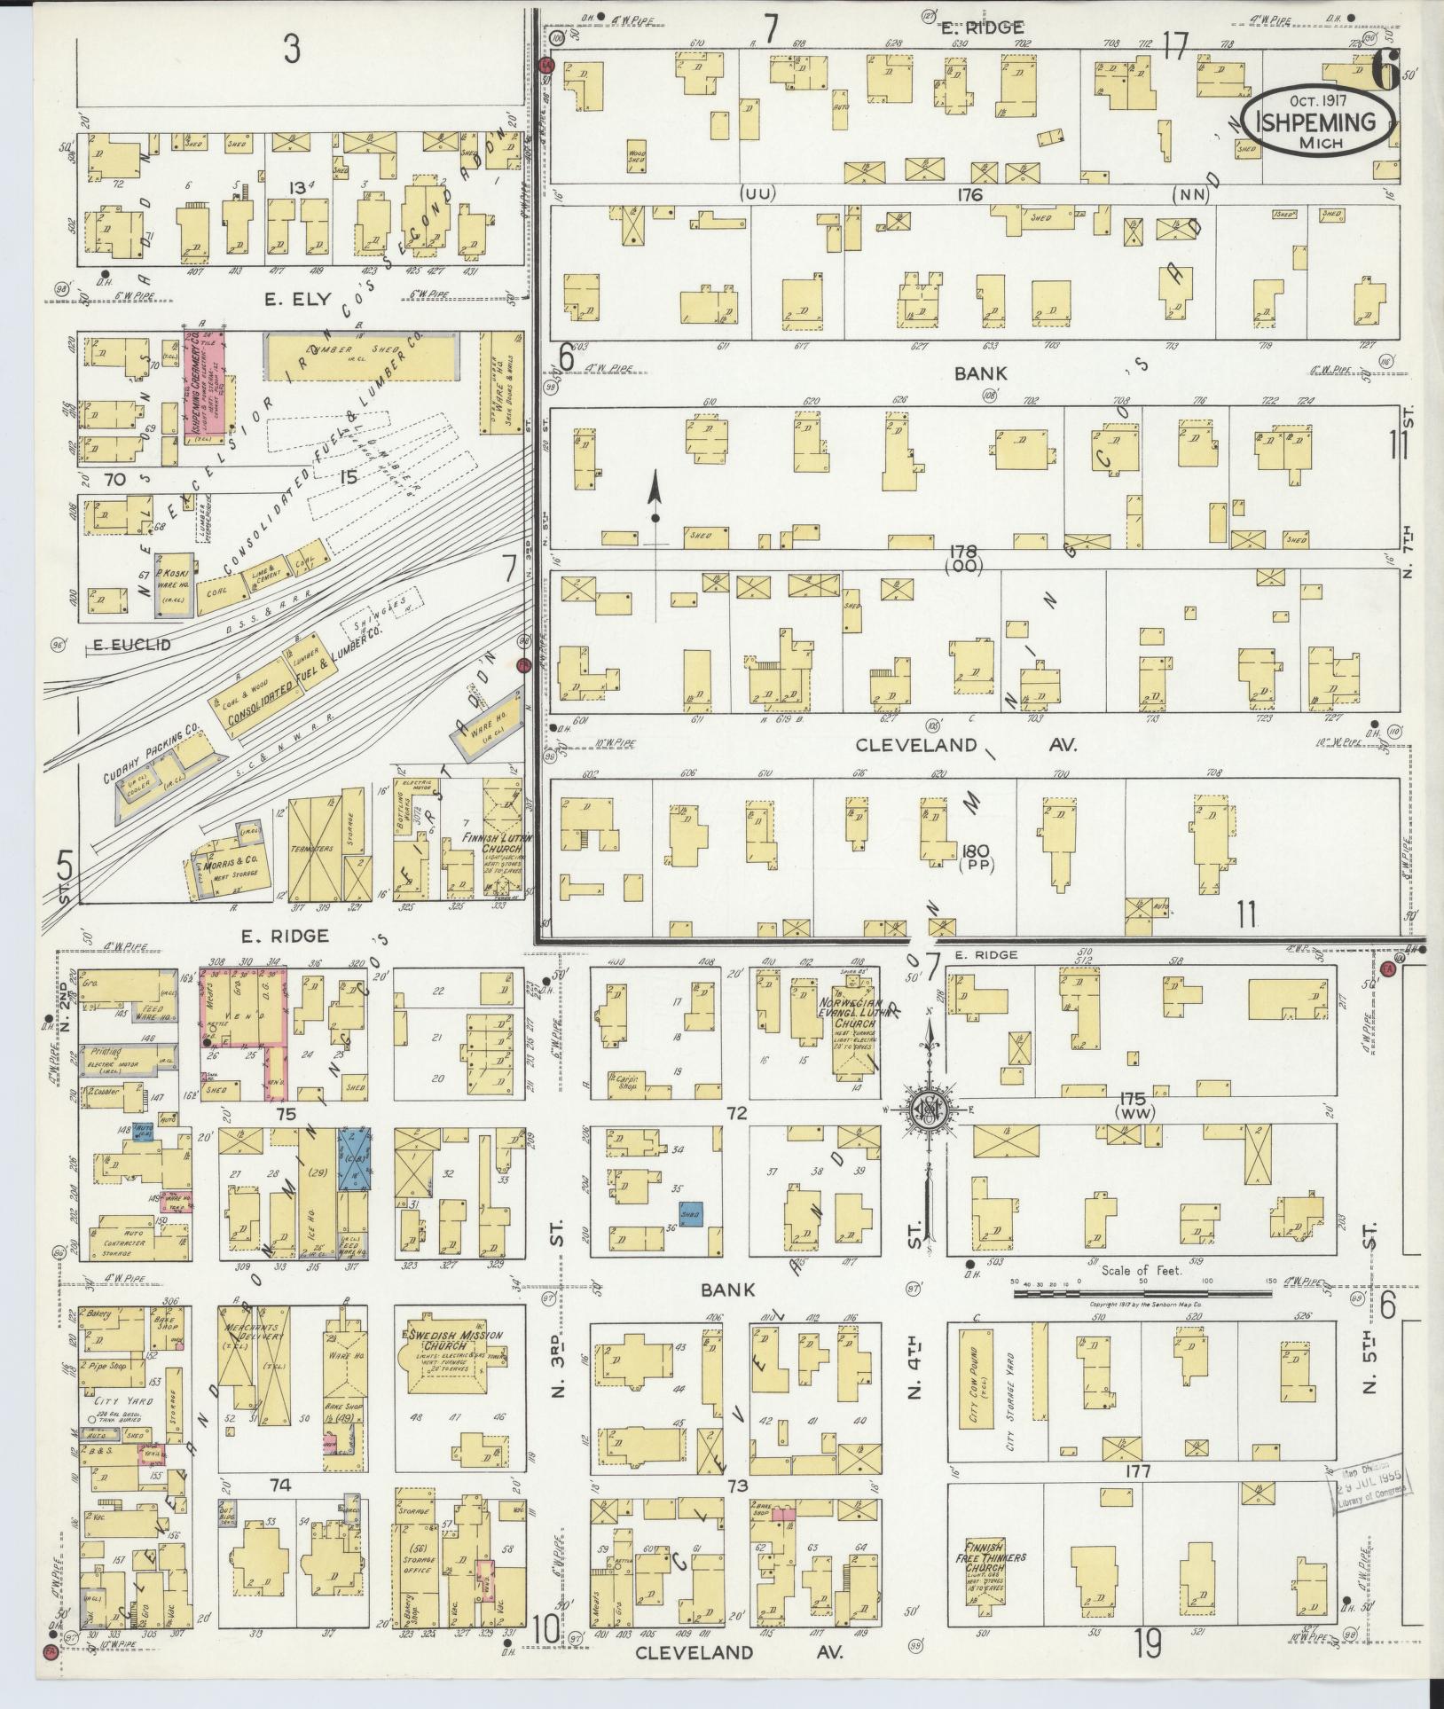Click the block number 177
[1137, 1472]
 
